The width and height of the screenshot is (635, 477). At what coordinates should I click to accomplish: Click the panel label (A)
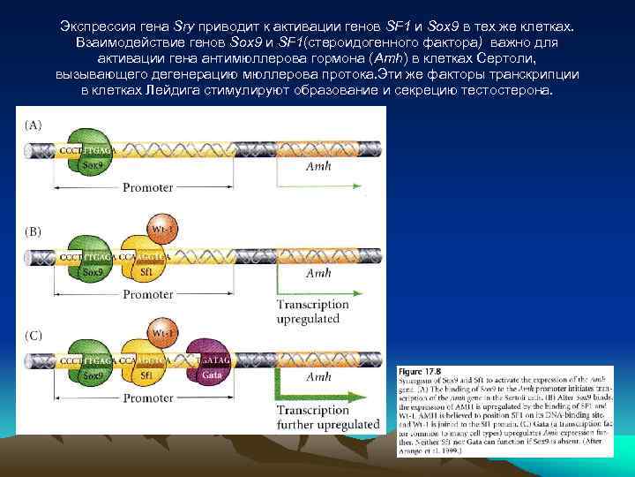(x=32, y=125)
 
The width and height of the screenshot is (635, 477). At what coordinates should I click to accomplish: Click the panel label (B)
(x=32, y=231)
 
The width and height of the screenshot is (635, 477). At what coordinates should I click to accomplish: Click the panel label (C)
(x=32, y=336)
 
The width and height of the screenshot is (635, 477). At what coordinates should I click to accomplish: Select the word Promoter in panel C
(x=147, y=398)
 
